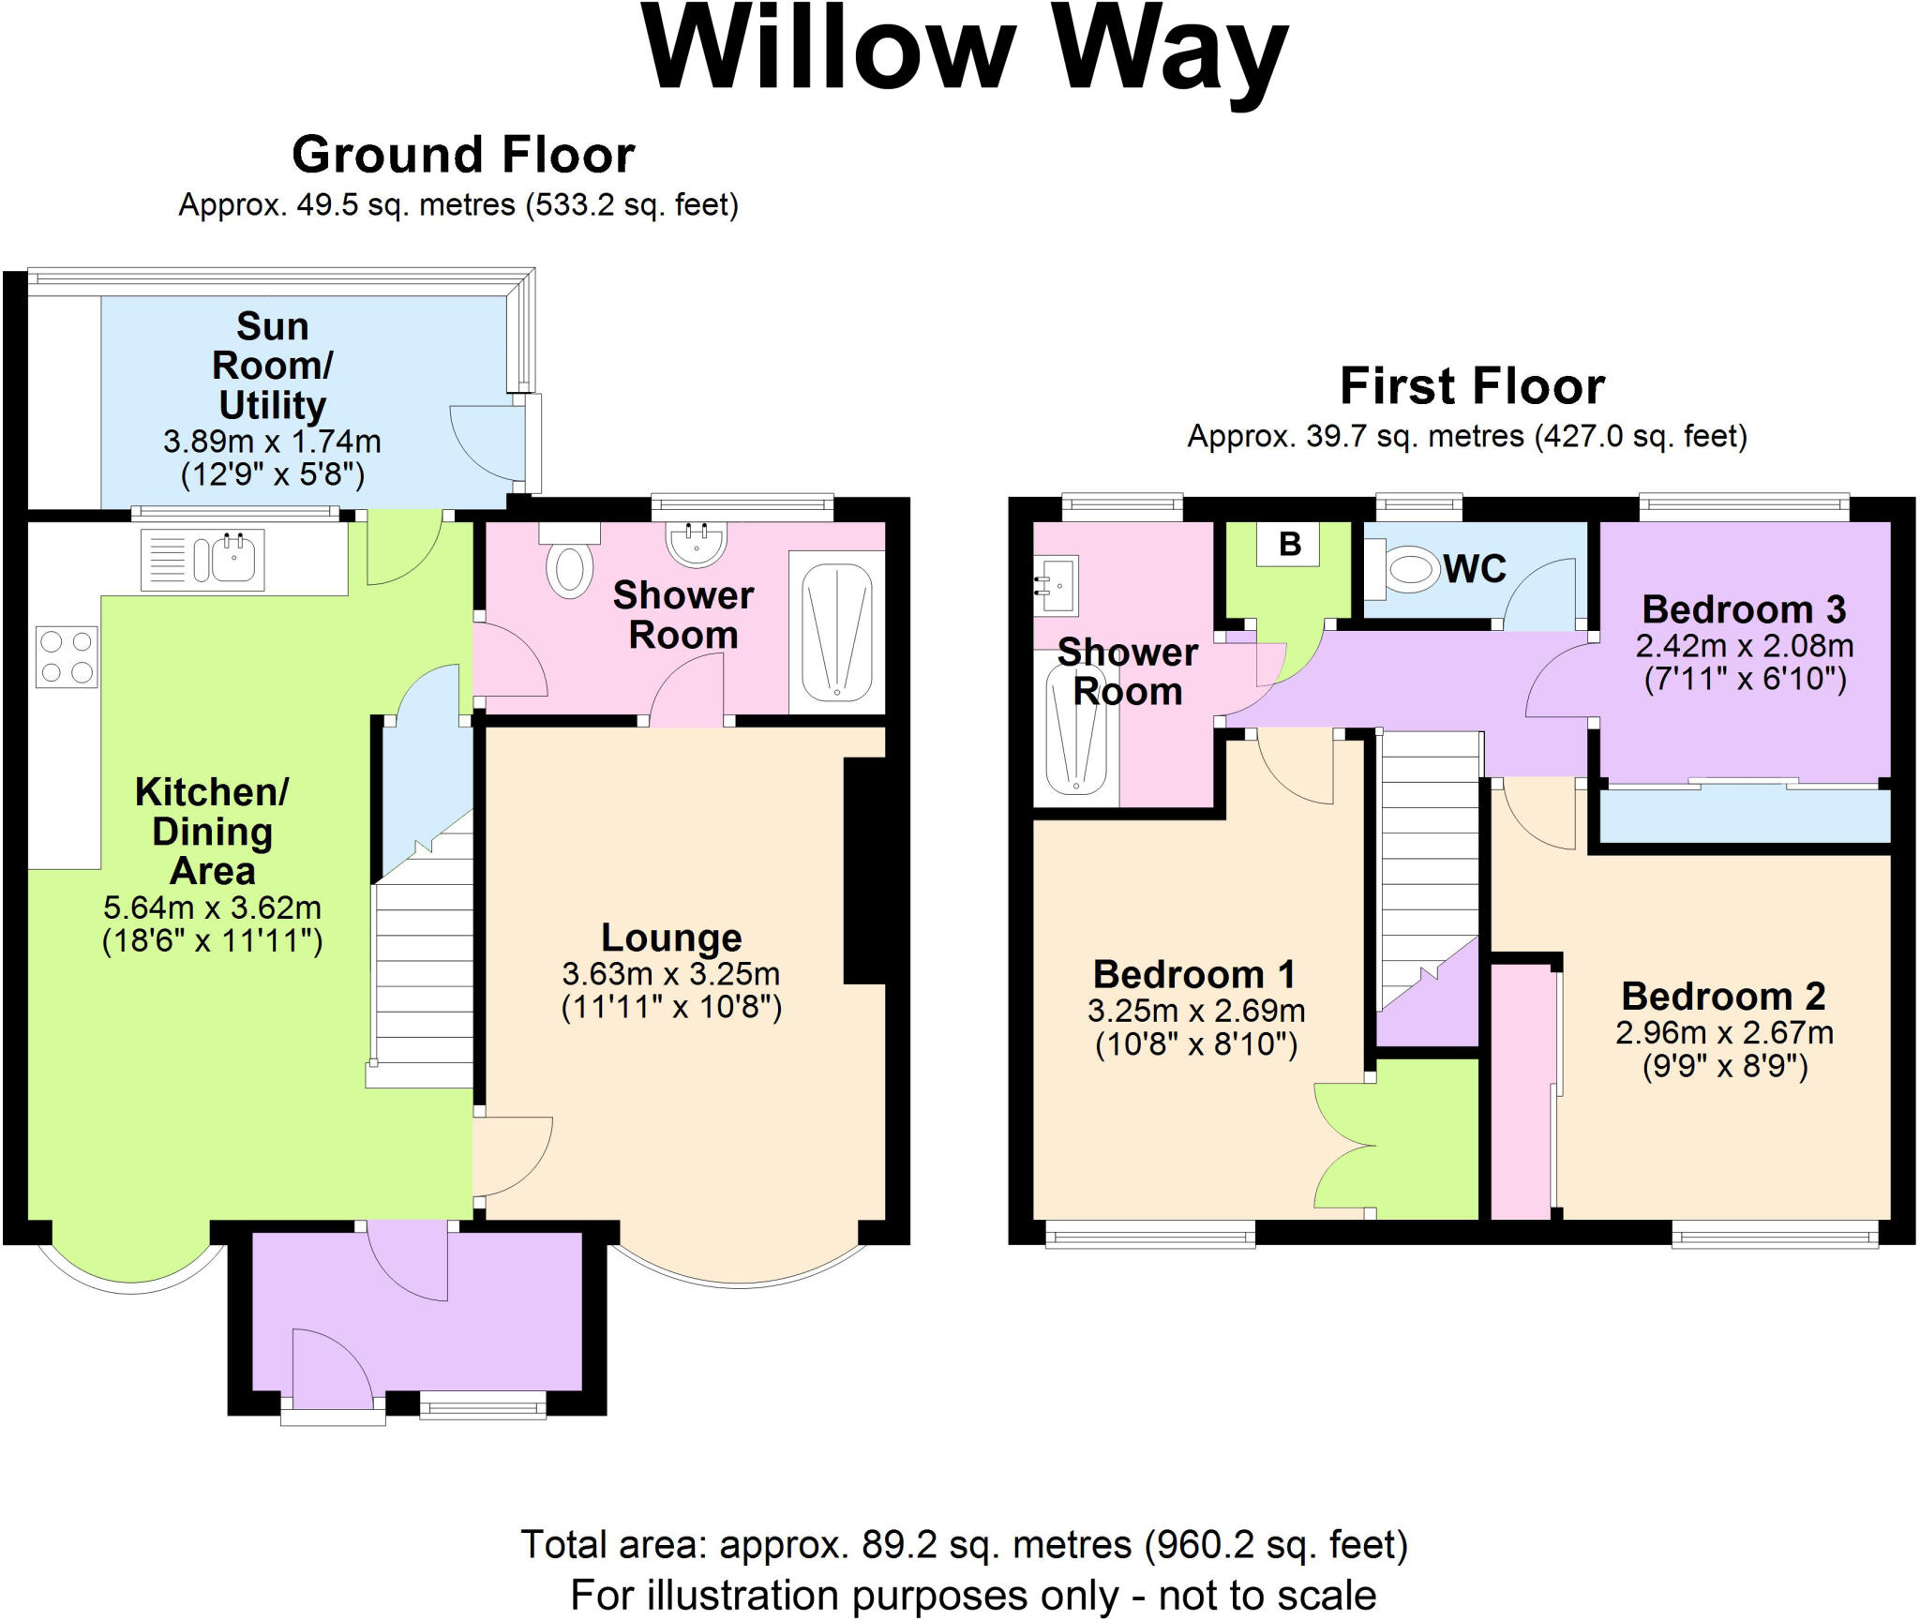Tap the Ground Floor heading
[x=463, y=155]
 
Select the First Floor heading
[x=1472, y=386]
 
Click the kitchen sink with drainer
[x=202, y=560]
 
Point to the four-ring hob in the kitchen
[x=67, y=656]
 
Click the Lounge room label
[x=671, y=938]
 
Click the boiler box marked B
[x=1289, y=544]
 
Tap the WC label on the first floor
[x=1475, y=569]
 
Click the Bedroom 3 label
[x=1745, y=609]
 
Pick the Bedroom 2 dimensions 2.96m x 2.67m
[x=1724, y=1033]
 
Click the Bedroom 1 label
[x=1194, y=974]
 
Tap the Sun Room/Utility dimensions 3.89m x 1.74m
[x=272, y=442]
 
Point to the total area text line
[x=965, y=1544]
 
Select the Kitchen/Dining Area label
[x=212, y=832]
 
